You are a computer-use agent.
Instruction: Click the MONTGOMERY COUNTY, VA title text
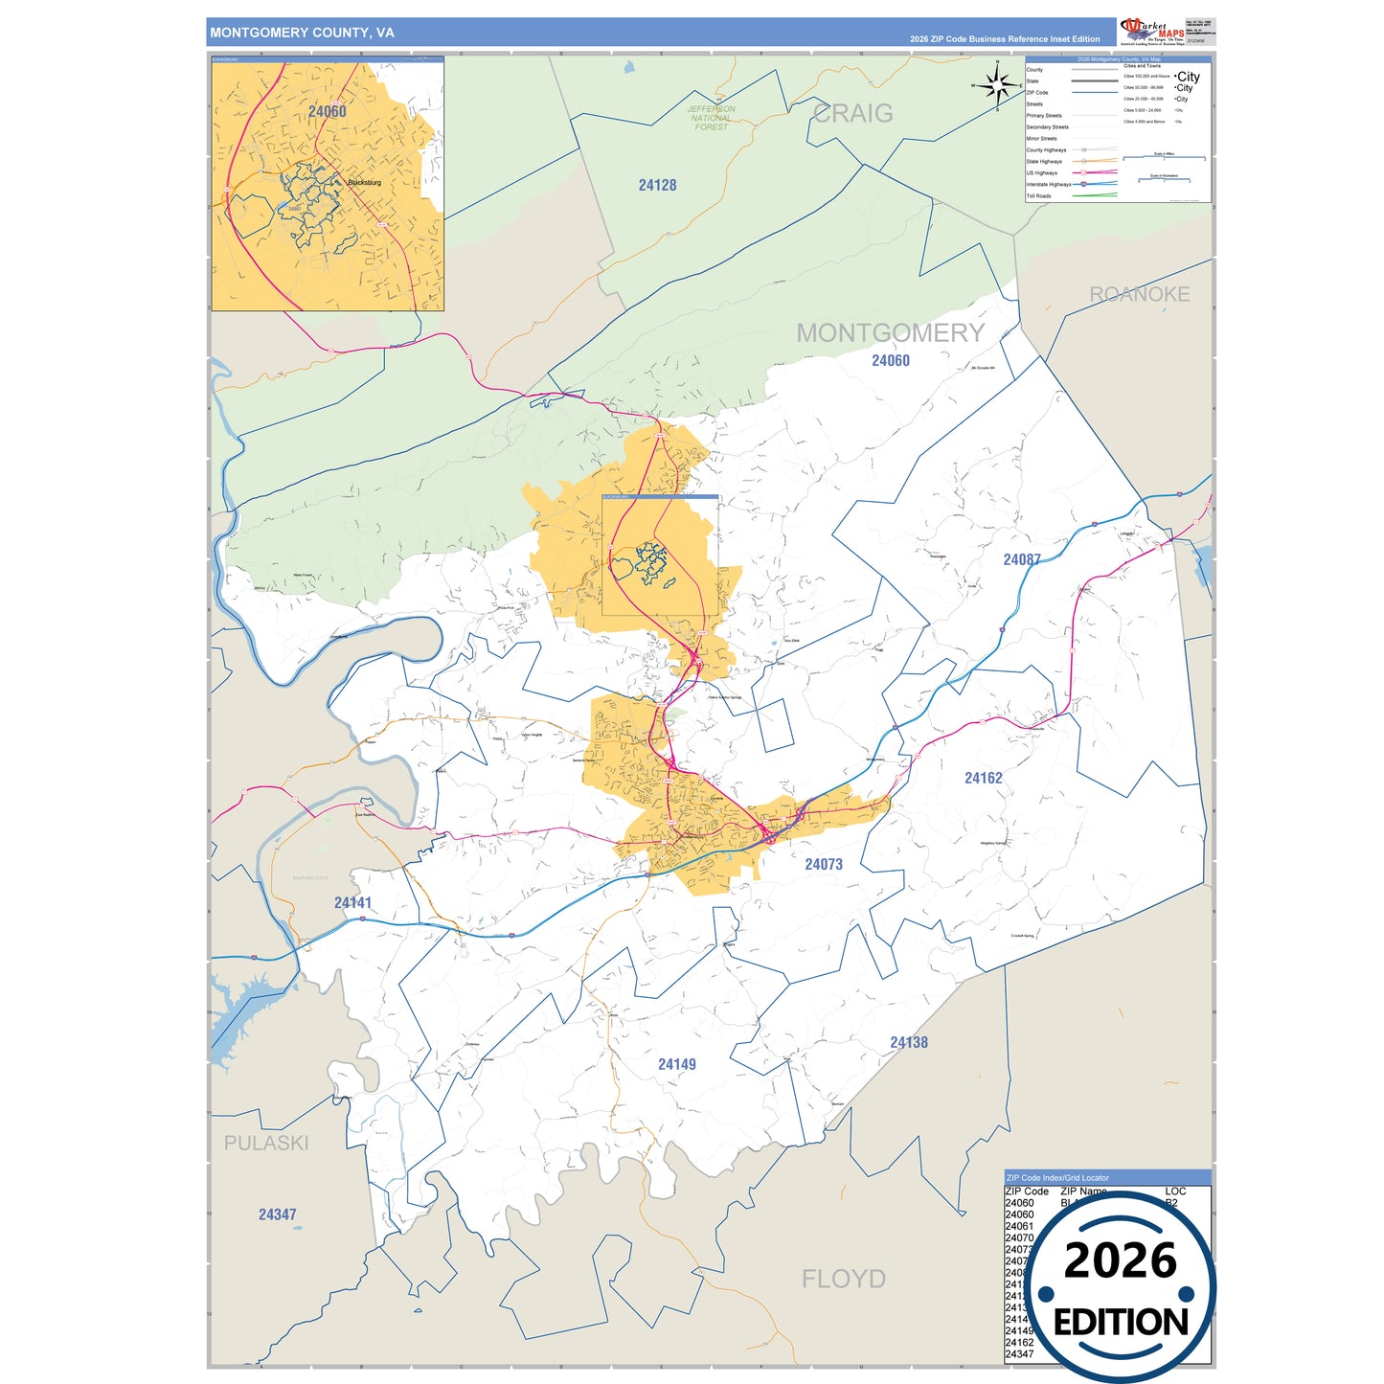[x=302, y=33]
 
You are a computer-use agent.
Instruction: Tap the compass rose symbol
[x=998, y=86]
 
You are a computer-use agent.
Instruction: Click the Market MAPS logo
[x=1152, y=31]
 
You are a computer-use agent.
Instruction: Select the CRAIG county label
[x=852, y=113]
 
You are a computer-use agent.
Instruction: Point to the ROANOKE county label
[x=1139, y=294]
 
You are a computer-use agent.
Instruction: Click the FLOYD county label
[x=843, y=1279]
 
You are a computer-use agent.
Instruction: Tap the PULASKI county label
[x=266, y=1143]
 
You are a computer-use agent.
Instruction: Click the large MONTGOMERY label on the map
[x=890, y=332]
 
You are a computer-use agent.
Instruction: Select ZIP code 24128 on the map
[x=657, y=185]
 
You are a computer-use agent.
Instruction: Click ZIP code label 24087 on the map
[x=1021, y=559]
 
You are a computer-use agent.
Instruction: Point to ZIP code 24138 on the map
[x=908, y=1042]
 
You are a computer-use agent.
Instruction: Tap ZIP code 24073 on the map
[x=823, y=864]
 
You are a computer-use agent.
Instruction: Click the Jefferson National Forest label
[x=711, y=118]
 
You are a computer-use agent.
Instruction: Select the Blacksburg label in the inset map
[x=364, y=182]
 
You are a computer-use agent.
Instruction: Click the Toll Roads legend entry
[x=1039, y=196]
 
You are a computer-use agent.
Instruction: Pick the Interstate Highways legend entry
[x=1049, y=185]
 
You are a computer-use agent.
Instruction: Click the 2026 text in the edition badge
[x=1120, y=1260]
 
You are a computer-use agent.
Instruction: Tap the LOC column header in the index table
[x=1175, y=1191]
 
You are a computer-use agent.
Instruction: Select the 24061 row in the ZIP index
[x=1019, y=1226]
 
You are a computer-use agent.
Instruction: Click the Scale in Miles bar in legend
[x=1164, y=156]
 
